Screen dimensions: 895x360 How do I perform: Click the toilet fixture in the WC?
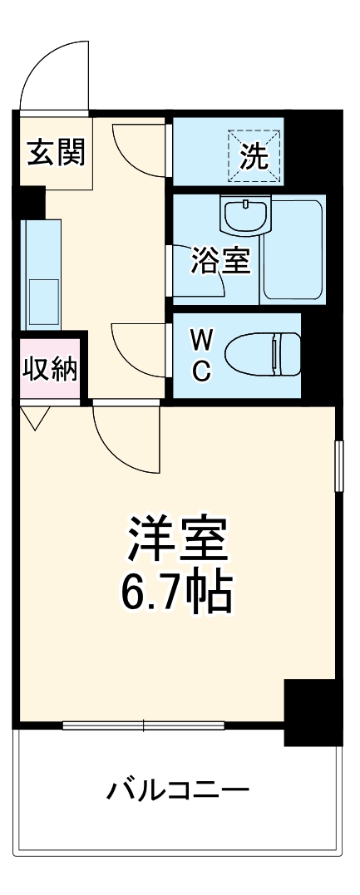click(263, 355)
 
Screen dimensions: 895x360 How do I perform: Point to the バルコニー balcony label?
click(178, 789)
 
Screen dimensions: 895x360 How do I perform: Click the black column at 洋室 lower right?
click(312, 711)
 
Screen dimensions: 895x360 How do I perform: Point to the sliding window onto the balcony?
click(142, 725)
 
